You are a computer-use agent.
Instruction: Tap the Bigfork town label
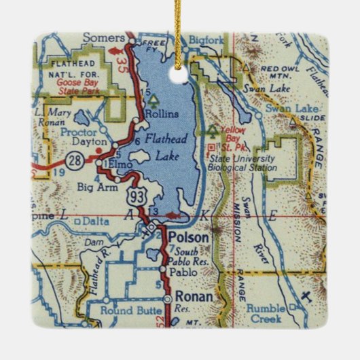coord(206,39)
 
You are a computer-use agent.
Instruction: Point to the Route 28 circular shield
coord(74,161)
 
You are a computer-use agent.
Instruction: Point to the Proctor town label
coord(79,128)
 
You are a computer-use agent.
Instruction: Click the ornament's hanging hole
coord(180,67)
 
